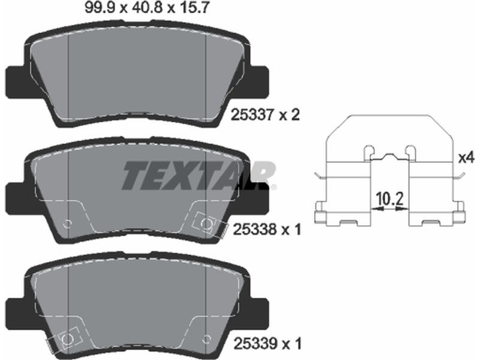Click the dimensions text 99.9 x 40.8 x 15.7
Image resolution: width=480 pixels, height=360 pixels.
(x=147, y=7)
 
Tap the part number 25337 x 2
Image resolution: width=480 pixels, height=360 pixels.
(x=265, y=115)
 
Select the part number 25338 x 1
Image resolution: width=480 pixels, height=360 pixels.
(x=267, y=229)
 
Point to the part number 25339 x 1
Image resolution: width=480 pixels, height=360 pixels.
(x=268, y=343)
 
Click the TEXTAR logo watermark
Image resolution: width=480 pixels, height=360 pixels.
(x=199, y=175)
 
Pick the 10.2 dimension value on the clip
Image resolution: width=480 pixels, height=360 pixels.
(x=389, y=199)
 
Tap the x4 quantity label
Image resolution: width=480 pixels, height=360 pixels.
(x=466, y=158)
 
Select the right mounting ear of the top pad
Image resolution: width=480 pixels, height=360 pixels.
(x=259, y=82)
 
